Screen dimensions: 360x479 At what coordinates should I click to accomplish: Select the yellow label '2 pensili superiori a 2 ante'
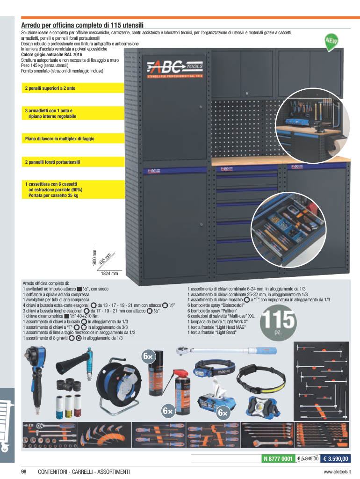click(x=73, y=88)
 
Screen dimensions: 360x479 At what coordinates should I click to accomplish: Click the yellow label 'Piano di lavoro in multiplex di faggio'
click(x=73, y=138)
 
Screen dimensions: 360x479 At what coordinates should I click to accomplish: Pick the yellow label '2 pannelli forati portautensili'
click(x=73, y=162)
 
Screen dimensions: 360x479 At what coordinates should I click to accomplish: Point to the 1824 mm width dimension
click(x=109, y=273)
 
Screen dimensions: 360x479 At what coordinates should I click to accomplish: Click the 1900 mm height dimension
click(x=94, y=258)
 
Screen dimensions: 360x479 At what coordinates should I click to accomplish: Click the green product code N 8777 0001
click(x=278, y=458)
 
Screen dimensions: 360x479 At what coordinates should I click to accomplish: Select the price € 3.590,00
click(x=335, y=458)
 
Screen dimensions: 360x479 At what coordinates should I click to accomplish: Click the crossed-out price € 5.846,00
click(x=308, y=458)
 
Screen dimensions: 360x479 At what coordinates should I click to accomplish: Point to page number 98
click(x=24, y=472)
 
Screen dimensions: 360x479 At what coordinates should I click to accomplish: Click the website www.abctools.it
click(x=337, y=472)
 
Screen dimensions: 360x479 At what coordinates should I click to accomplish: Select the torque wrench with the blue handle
click(x=226, y=351)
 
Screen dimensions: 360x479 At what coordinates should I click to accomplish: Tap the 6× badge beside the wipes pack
click(x=223, y=413)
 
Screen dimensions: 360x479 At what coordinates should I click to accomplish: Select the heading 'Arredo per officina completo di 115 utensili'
click(x=82, y=25)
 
